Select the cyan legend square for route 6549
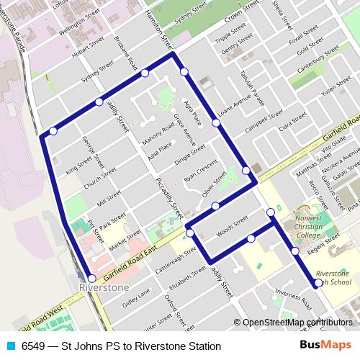[10, 346]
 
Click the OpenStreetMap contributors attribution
[296, 323]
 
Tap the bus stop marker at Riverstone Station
[91, 279]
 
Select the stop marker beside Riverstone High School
[318, 283]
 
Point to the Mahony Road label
[158, 132]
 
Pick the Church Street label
[99, 179]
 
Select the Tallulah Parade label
[251, 84]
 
